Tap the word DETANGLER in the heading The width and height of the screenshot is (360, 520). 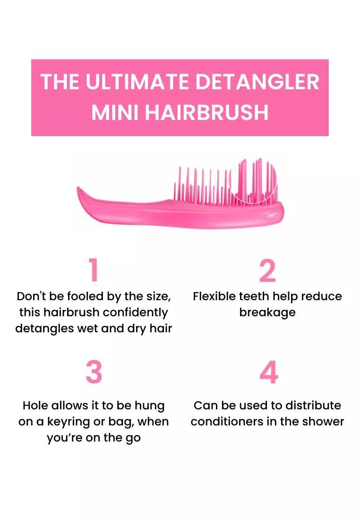(257, 82)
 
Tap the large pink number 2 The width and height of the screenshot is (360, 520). (267, 271)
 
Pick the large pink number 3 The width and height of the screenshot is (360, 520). (94, 372)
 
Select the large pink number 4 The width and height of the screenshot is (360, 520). (268, 372)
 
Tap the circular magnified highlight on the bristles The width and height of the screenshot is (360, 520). (252, 180)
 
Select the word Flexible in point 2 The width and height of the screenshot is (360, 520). (215, 296)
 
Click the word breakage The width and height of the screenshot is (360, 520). (267, 312)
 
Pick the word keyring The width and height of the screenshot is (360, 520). (77, 421)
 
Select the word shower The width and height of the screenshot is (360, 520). (323, 421)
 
